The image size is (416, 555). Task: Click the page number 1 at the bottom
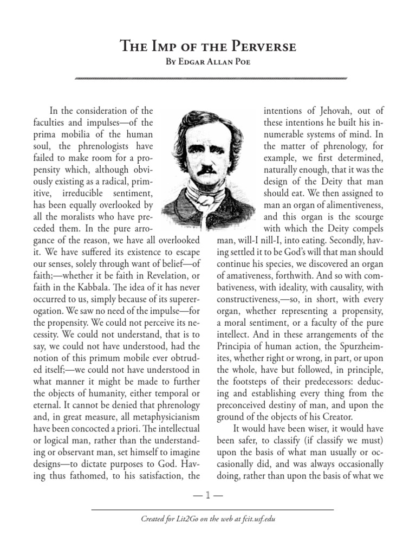pos(208,495)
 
